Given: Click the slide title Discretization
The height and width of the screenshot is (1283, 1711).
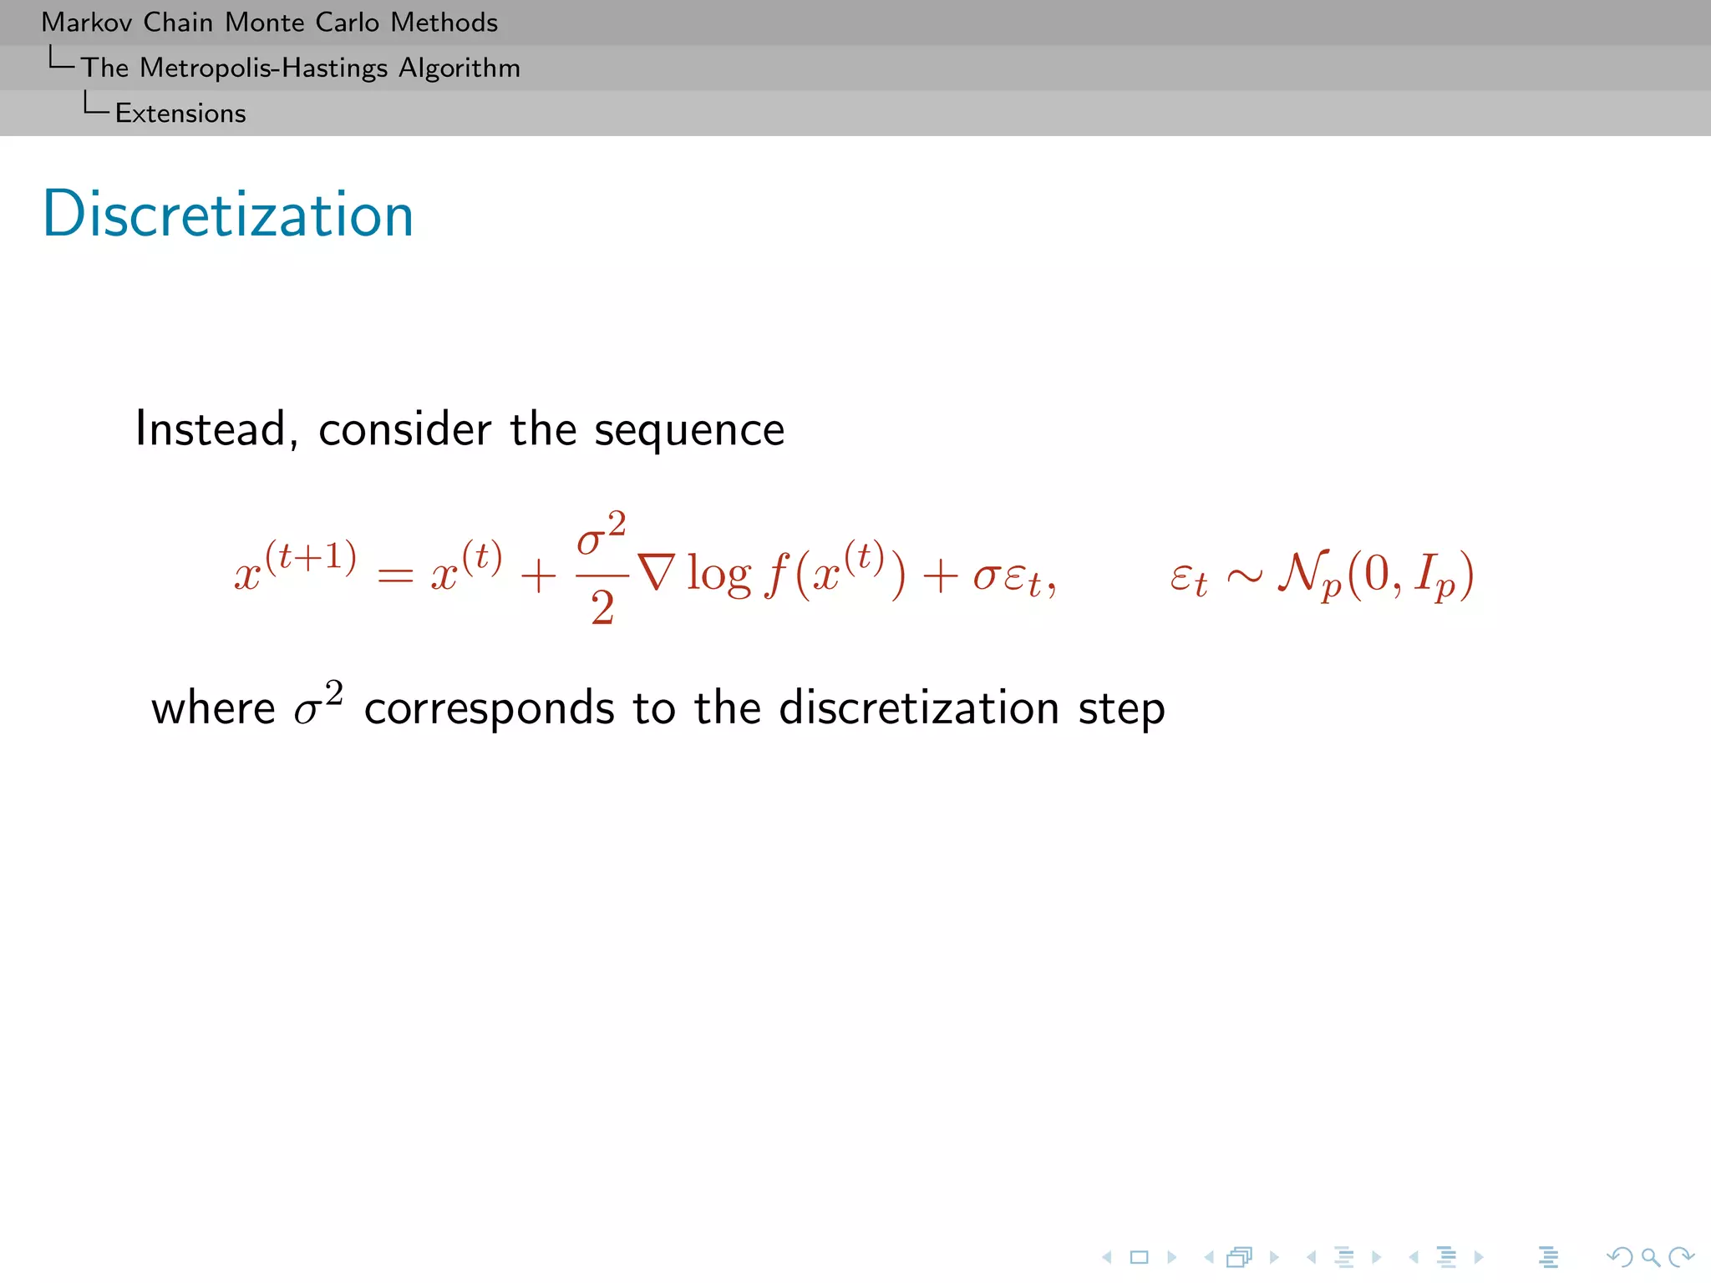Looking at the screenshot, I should (228, 215).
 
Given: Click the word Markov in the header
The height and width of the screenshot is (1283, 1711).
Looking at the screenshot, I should (86, 23).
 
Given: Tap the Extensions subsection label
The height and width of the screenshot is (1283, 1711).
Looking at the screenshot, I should (180, 114).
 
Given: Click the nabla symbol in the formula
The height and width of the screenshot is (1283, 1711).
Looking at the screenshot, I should (656, 574).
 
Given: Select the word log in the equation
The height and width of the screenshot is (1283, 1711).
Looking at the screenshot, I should (718, 576).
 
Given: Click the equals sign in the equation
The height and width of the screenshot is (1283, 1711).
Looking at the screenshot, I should (395, 576).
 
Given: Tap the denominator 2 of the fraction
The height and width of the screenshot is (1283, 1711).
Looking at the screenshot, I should (602, 607).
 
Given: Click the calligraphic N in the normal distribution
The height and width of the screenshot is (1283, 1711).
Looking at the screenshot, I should (1303, 573).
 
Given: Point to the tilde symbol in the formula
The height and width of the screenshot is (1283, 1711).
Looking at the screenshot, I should (1244, 576).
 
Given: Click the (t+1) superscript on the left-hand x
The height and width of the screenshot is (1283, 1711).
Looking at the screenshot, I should (311, 556).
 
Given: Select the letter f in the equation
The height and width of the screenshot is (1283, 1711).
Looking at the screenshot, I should (777, 576).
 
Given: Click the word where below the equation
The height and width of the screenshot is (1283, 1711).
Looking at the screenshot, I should (212, 709).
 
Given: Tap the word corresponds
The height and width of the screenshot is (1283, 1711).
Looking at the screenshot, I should (489, 709).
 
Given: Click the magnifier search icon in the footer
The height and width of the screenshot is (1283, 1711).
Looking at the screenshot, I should (1650, 1257).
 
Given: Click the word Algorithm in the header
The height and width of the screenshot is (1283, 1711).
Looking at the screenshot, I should (459, 68).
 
